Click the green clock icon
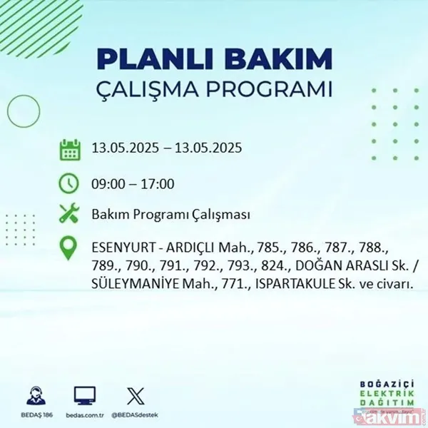tap(69, 183)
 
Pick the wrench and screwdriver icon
tap(69, 214)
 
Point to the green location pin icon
tap(69, 249)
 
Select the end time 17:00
tap(158, 184)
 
